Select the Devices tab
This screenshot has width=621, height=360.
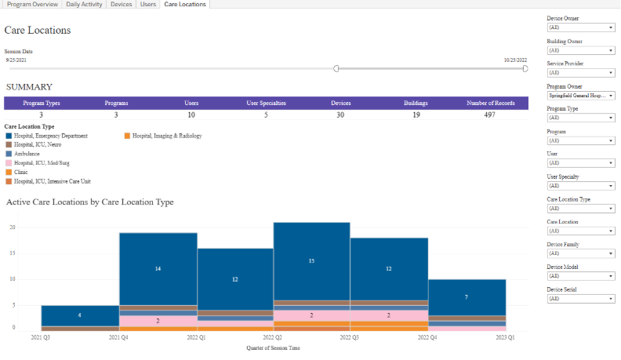tap(121, 5)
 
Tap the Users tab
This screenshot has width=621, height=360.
tap(147, 5)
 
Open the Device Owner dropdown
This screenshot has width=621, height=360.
tap(580, 27)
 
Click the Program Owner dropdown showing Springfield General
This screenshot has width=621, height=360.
tap(580, 95)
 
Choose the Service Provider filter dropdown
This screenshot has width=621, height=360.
tap(580, 72)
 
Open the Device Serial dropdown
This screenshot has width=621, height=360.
tap(580, 299)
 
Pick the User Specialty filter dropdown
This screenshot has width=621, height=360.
tap(580, 186)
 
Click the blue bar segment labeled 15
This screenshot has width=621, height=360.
tap(311, 260)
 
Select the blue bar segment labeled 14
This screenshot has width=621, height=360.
tap(158, 268)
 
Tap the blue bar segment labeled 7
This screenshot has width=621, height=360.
tap(467, 297)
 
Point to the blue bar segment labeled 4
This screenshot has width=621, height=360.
tap(79, 315)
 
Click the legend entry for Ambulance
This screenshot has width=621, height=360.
tap(27, 154)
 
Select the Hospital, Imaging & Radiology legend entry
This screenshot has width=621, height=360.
tap(166, 136)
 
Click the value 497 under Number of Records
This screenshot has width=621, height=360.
tap(489, 115)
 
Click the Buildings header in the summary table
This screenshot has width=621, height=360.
tap(416, 103)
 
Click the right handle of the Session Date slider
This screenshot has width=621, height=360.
tap(525, 68)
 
